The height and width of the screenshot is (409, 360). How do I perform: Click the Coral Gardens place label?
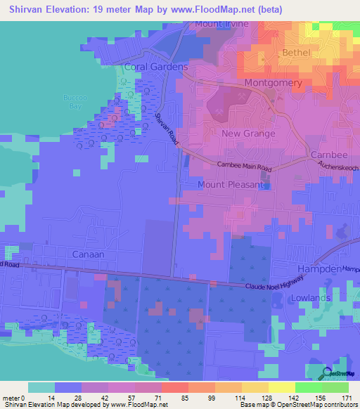155,67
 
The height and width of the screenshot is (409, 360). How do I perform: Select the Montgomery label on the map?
273,83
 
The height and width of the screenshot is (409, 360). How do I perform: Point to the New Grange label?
248,133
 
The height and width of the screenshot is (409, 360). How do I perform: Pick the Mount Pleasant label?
231,185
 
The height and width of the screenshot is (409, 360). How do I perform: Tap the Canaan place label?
88,253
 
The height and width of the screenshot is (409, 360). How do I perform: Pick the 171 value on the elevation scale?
347,398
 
